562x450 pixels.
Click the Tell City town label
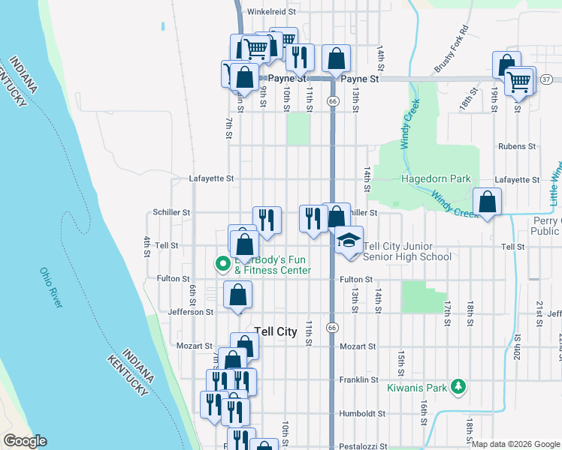[276, 331]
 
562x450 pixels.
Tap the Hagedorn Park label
[436, 178]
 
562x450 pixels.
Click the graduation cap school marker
[349, 240]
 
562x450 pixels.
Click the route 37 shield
[546, 79]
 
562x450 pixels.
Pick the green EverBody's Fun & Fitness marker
[222, 263]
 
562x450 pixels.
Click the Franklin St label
[358, 380]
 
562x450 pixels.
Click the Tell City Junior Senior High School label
[407, 251]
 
